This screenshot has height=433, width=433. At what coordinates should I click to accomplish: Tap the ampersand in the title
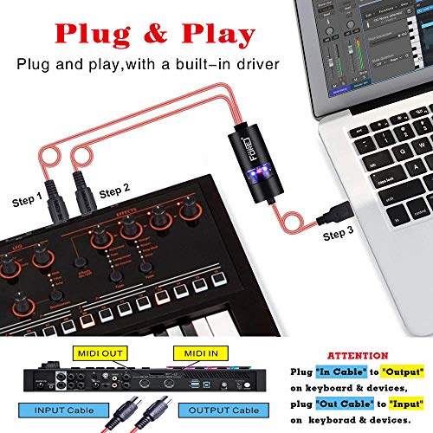[x=152, y=34]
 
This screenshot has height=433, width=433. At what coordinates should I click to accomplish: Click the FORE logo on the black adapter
[x=246, y=139]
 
